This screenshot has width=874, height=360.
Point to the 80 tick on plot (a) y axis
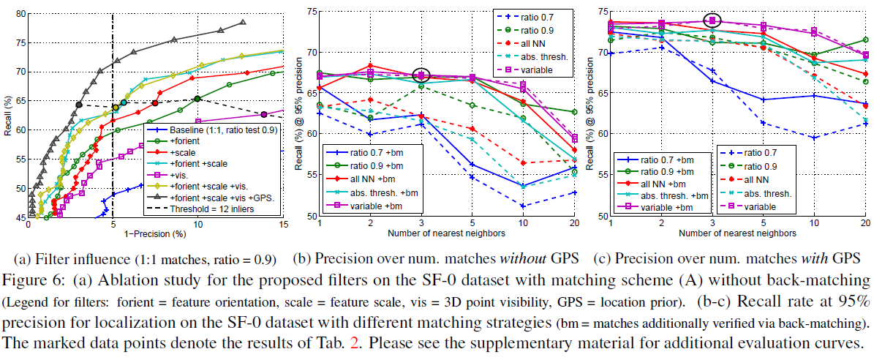click(20, 14)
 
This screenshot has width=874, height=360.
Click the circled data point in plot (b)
click(421, 75)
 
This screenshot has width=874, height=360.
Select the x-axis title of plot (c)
click(738, 234)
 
